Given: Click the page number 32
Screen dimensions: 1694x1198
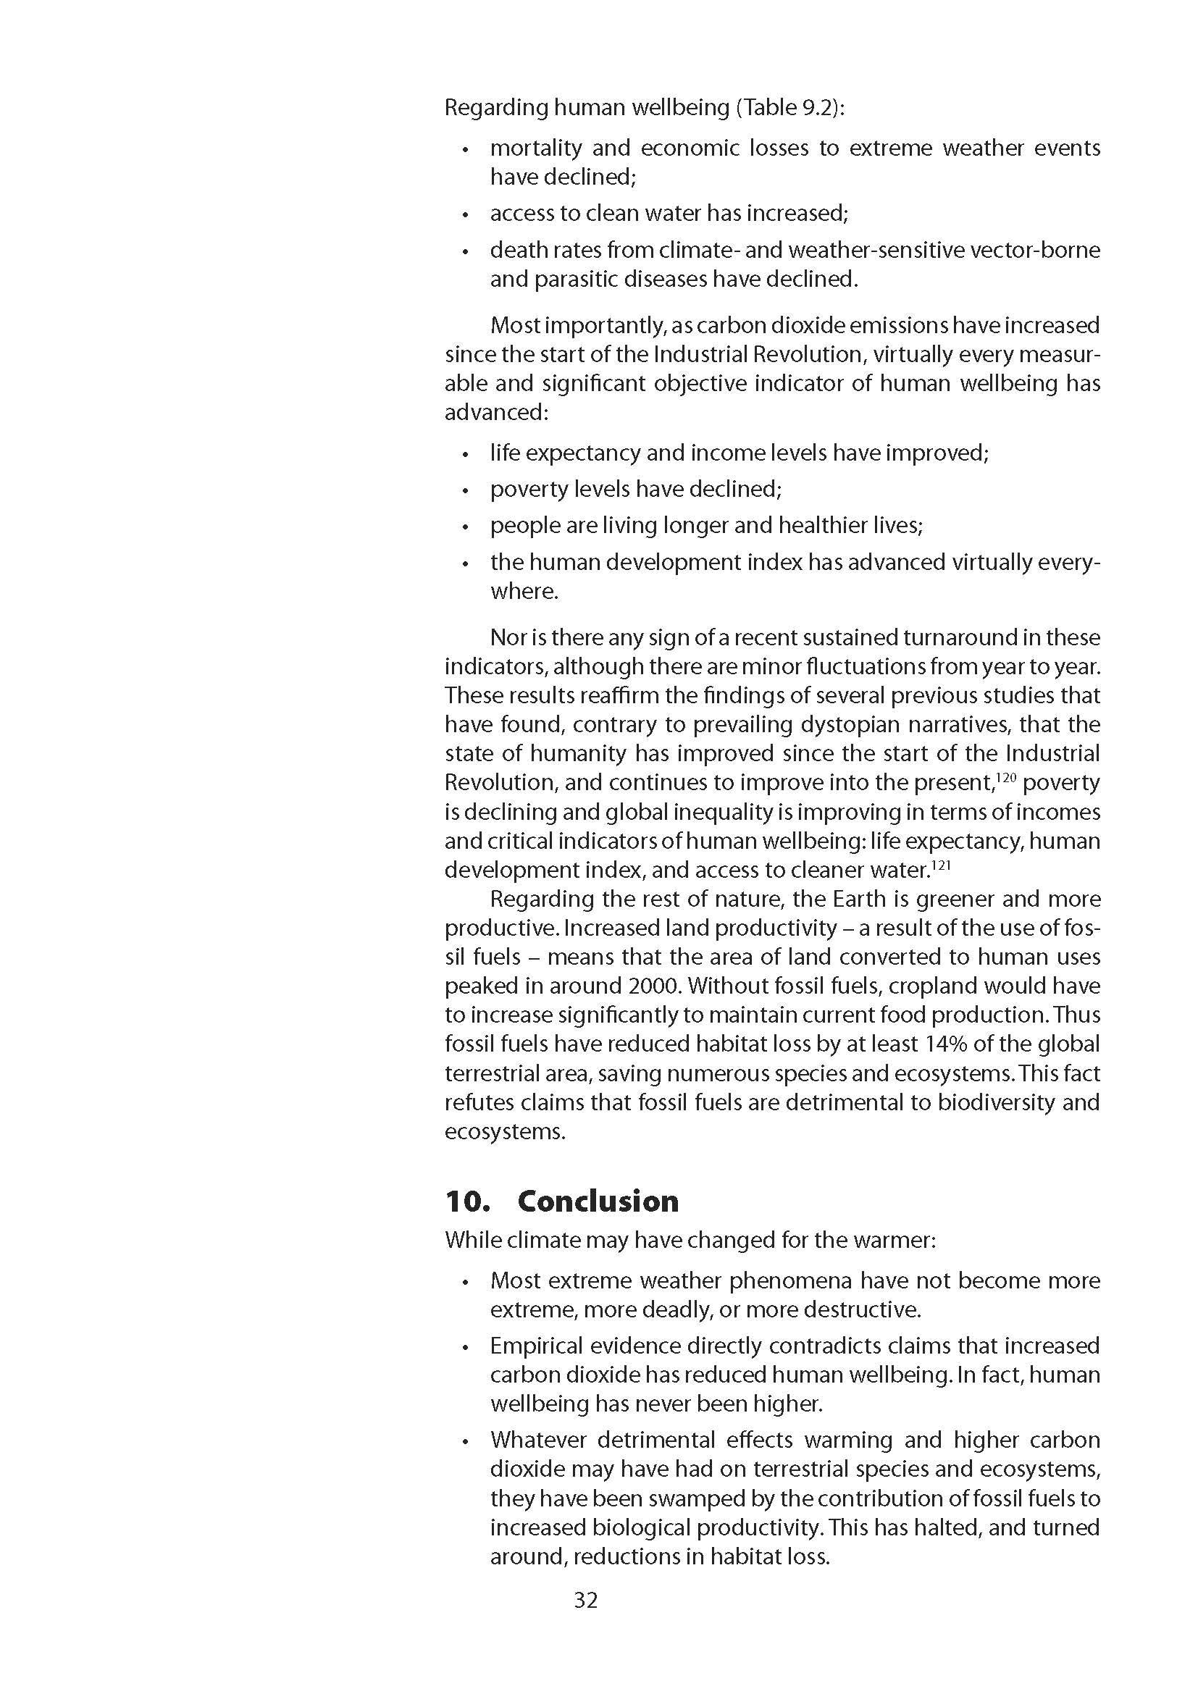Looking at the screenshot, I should click(586, 1600).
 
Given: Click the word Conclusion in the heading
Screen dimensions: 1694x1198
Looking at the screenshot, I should click(598, 1201).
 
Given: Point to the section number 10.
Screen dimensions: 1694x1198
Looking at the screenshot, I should click(467, 1201).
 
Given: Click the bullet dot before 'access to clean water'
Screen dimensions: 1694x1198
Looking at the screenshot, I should click(465, 214).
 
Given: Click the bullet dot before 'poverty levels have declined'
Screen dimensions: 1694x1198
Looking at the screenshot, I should click(465, 490).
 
